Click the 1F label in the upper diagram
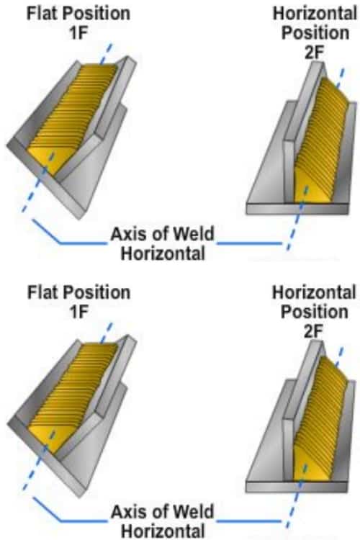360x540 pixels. pos(79,33)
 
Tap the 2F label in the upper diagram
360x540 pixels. pos(315,53)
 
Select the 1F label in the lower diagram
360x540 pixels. pos(79,312)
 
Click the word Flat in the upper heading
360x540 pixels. pos(40,14)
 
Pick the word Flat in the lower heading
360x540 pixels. pos(40,292)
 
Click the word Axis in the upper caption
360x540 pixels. pos(127,234)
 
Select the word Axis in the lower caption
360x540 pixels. pos(127,512)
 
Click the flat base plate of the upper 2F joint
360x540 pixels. pos(297,209)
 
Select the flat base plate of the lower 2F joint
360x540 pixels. pos(297,487)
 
